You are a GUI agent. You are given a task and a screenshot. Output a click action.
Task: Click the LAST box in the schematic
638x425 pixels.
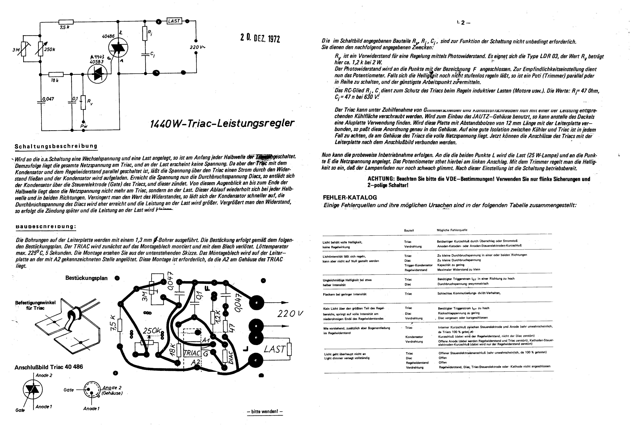coord(174,21)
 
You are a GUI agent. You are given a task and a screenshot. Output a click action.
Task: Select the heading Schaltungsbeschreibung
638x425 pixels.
coord(56,146)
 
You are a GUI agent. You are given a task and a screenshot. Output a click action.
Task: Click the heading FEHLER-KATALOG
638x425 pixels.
coord(350,197)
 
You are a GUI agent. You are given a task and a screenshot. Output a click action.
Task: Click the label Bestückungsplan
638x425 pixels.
coord(86,278)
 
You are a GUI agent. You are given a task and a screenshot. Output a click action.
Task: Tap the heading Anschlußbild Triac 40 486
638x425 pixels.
coord(49,367)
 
